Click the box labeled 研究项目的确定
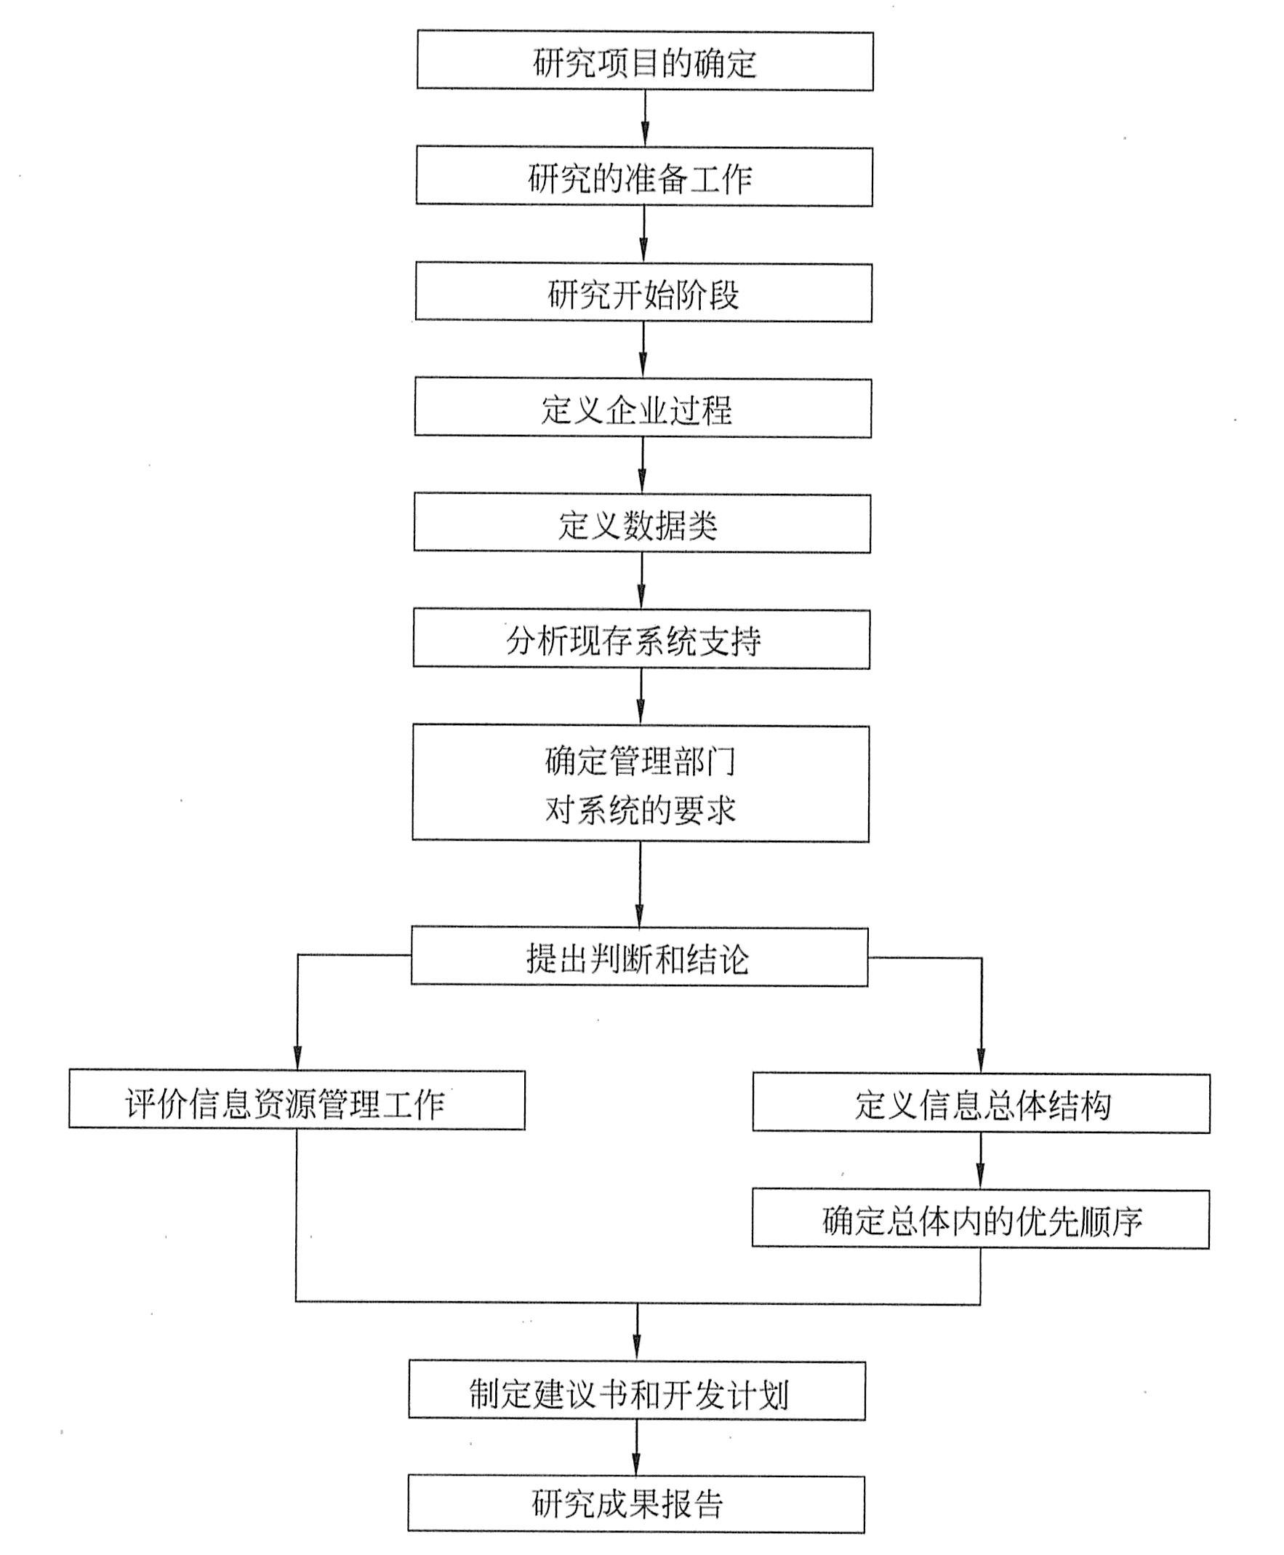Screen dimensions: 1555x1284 click(645, 60)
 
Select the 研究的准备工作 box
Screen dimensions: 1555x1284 click(643, 177)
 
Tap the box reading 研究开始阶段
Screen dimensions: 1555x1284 click(643, 293)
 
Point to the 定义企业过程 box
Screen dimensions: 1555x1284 click(642, 408)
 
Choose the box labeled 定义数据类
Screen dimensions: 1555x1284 click(641, 524)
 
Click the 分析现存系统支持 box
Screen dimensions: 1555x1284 click(641, 639)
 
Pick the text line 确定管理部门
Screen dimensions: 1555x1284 click(641, 761)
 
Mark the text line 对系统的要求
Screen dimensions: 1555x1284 click(641, 810)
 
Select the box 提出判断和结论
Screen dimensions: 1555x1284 click(639, 957)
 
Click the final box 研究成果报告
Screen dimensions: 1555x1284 click(636, 1504)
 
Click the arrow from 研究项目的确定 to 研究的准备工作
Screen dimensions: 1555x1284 click(645, 119)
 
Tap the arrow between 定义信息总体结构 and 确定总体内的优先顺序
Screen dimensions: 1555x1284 click(981, 1161)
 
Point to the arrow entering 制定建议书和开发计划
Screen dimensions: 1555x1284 click(637, 1339)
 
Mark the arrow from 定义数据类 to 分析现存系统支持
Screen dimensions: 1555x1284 click(641, 580)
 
